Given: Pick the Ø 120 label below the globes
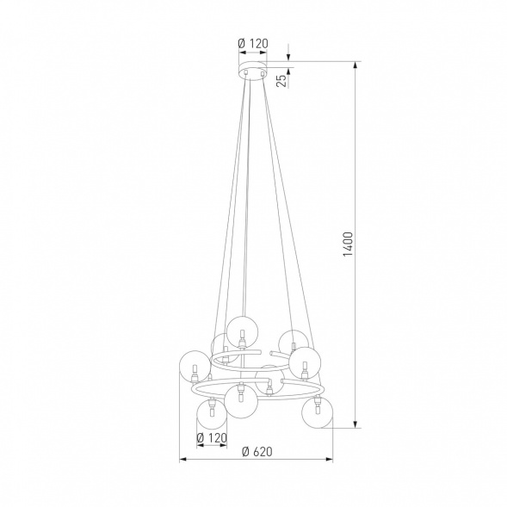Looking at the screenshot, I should click(211, 438).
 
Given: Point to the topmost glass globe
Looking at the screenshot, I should click(243, 324).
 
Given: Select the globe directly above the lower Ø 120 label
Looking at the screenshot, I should click(210, 414).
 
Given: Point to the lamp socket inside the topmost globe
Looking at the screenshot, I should click(243, 332).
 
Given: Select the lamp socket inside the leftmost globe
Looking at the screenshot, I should click(195, 376).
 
